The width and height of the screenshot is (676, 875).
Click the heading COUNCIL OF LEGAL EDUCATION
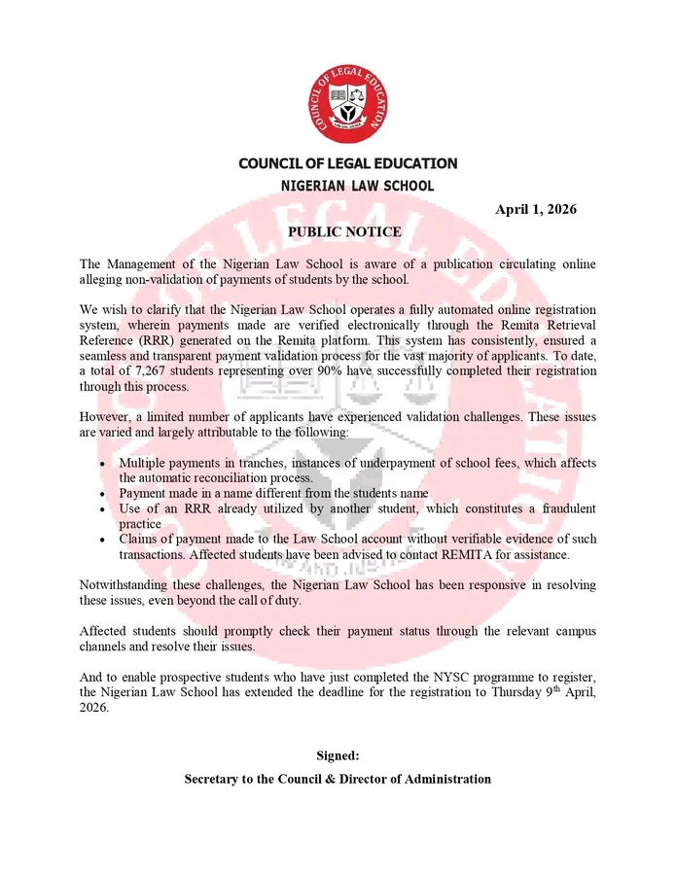347,163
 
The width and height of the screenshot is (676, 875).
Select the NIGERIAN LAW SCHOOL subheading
357,186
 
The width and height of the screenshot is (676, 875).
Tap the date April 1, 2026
536,209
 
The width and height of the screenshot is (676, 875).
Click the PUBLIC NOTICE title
344,232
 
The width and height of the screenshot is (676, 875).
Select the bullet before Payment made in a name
103,494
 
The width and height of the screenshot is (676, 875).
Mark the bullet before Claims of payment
103,540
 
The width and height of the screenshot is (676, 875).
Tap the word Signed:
338,755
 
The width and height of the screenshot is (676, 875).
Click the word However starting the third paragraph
106,417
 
